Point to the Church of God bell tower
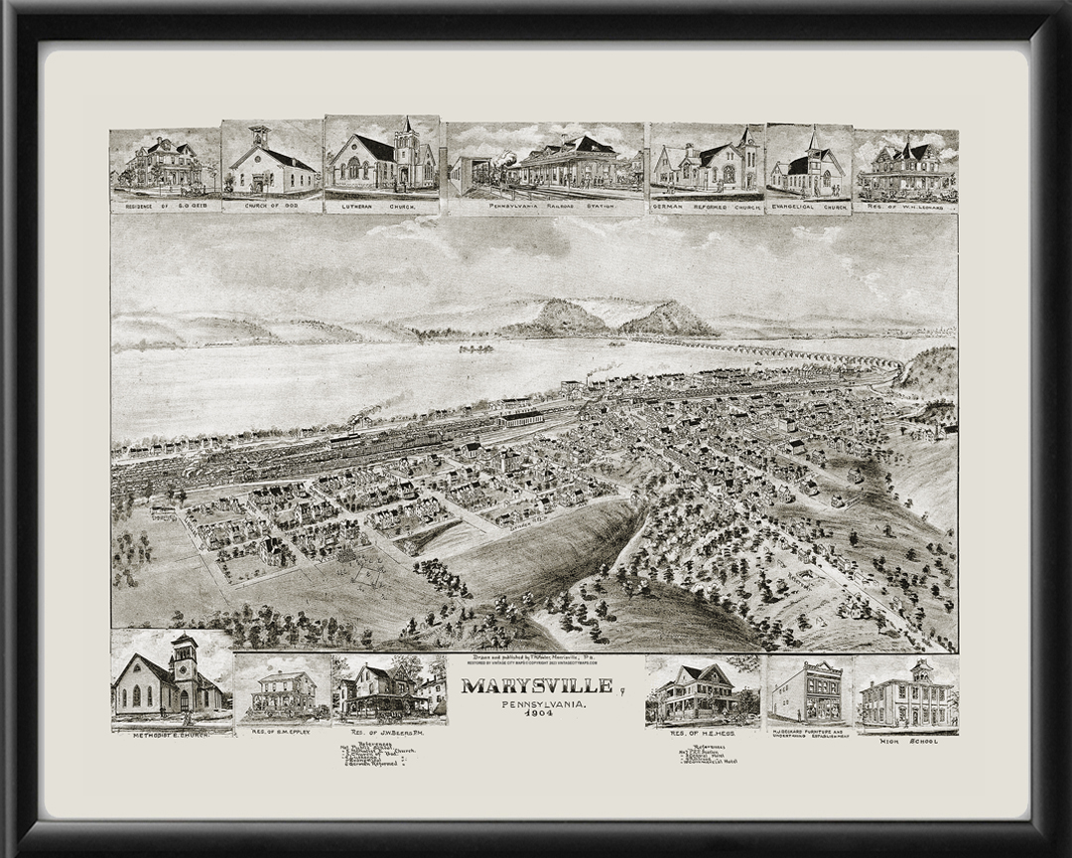tap(259, 136)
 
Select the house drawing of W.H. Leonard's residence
tap(904, 169)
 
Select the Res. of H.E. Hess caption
tap(701, 733)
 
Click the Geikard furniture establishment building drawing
tap(806, 691)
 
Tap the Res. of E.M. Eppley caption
tap(284, 729)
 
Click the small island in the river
tap(476, 349)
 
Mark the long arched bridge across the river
tap(794, 351)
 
